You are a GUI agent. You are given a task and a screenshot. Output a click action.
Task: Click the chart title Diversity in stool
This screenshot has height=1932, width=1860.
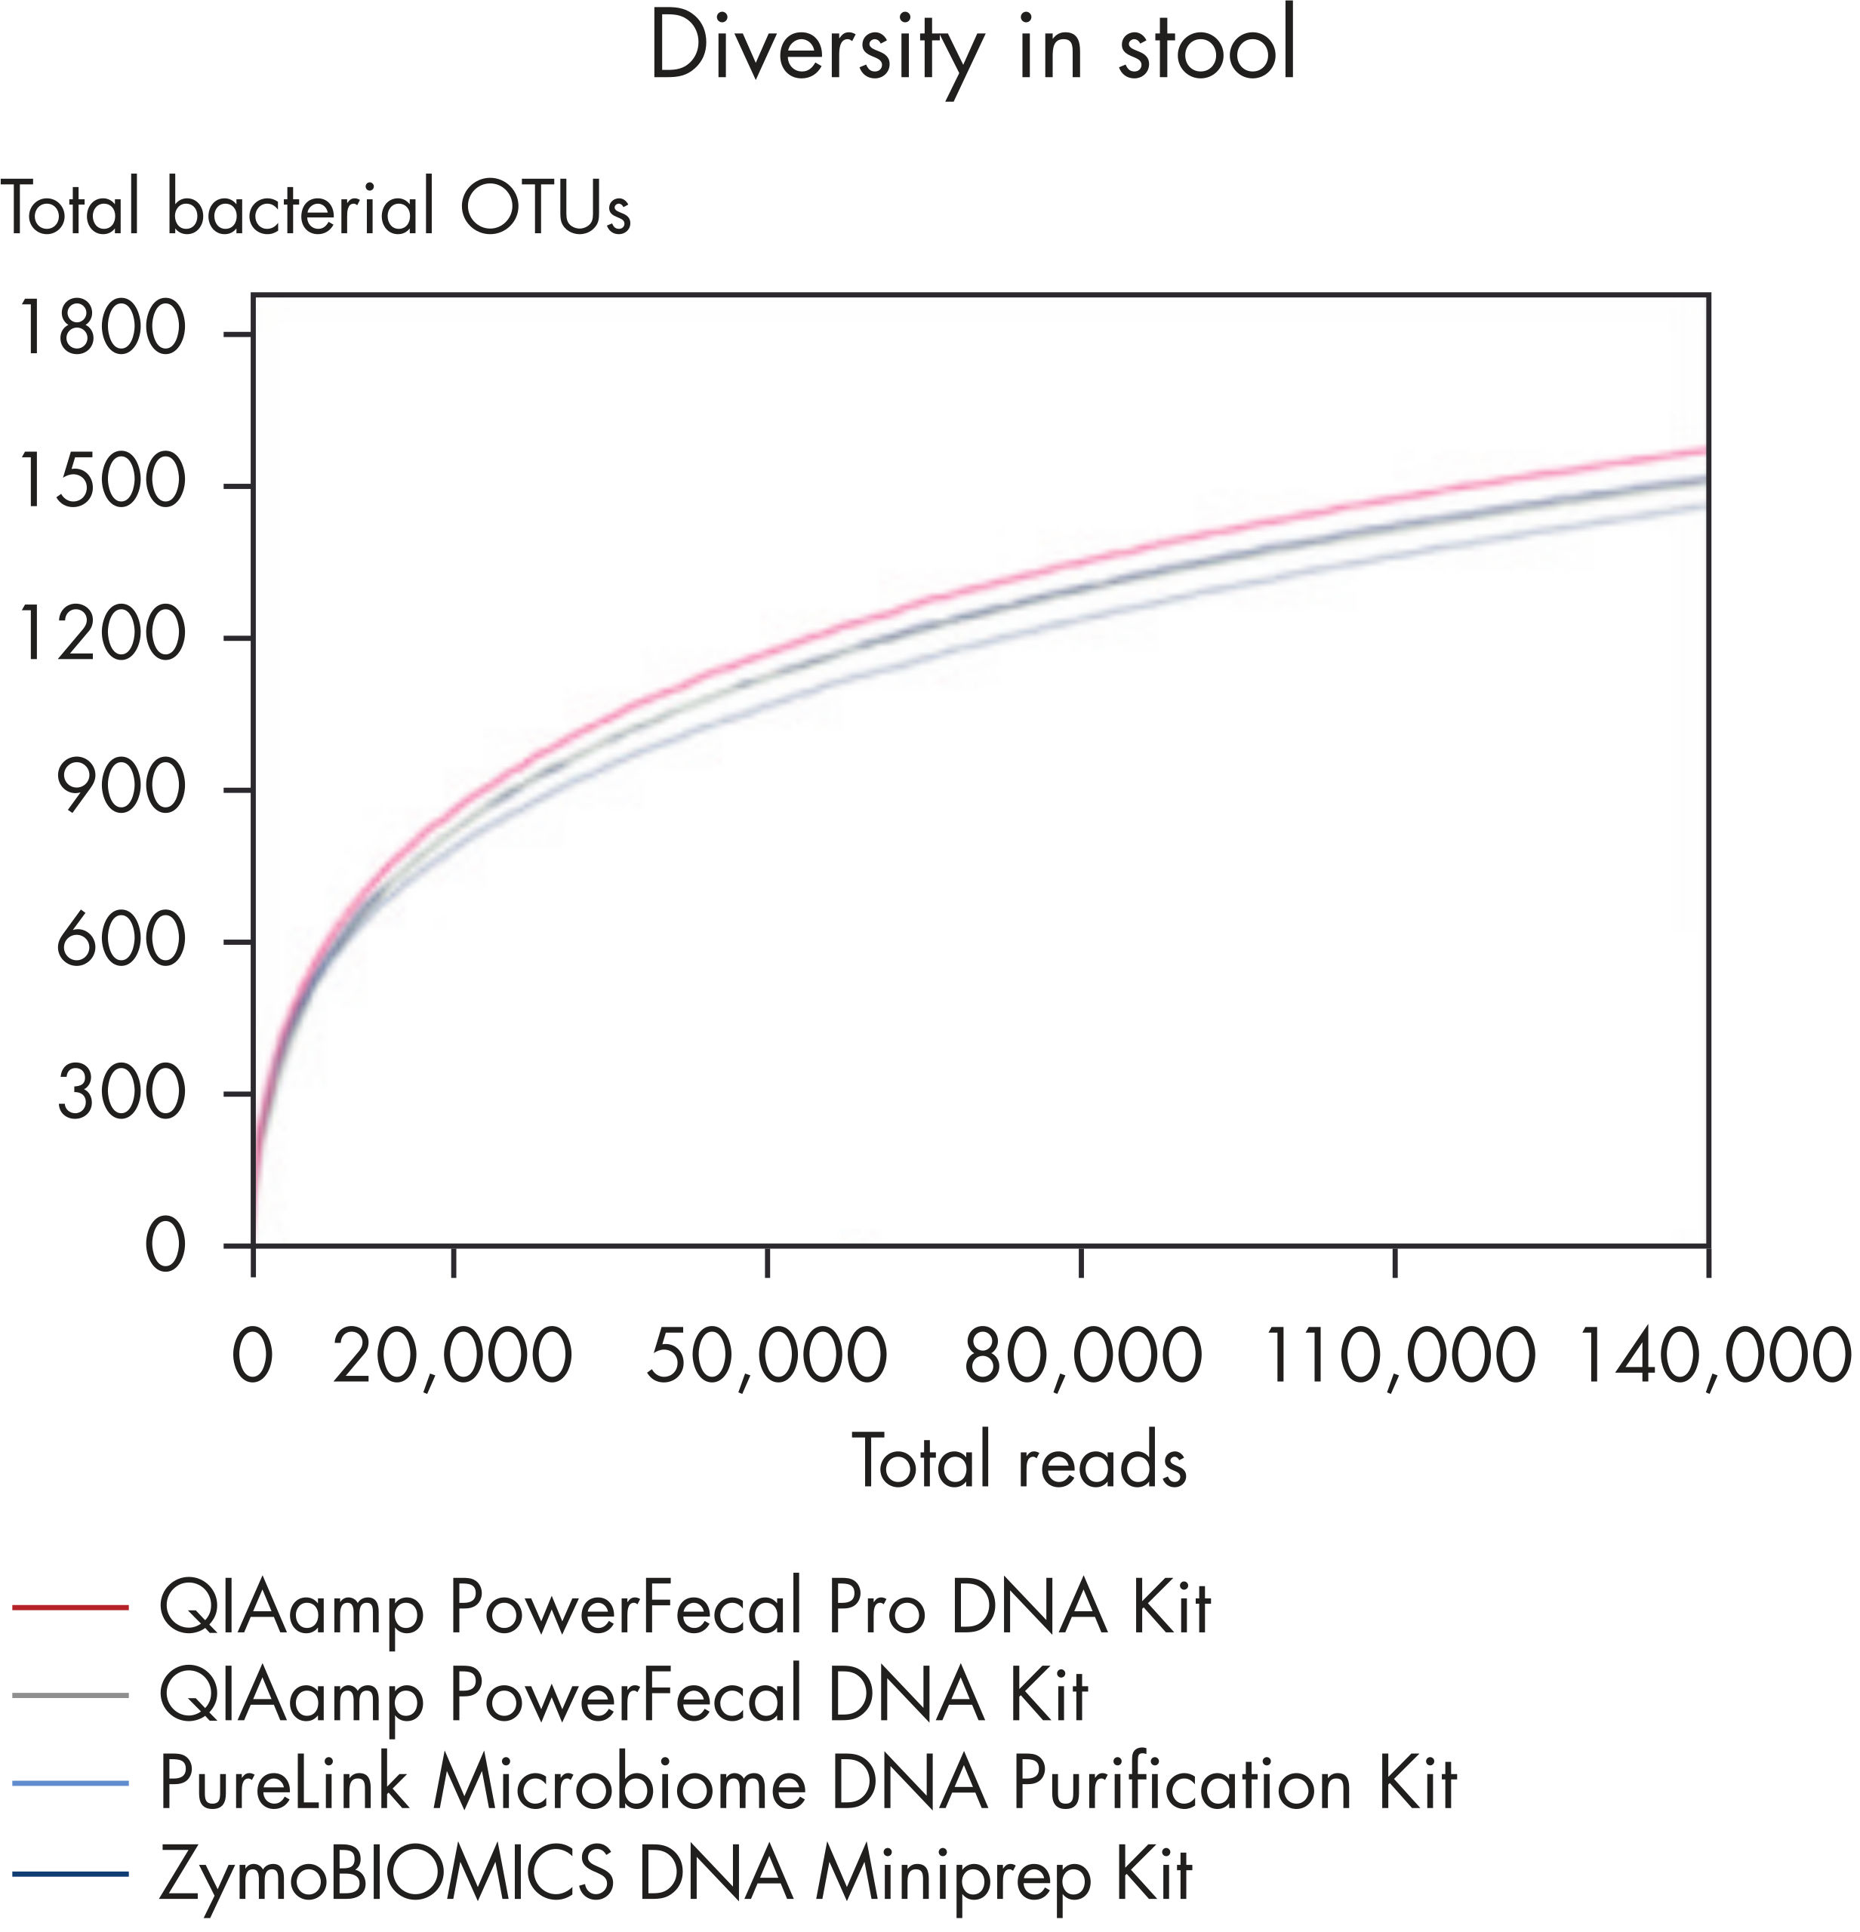pyautogui.click(x=972, y=48)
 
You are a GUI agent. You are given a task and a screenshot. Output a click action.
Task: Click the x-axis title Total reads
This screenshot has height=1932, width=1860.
pyautogui.click(x=1019, y=1462)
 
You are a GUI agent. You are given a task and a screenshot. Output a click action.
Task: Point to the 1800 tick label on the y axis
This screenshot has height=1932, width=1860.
pyautogui.click(x=101, y=328)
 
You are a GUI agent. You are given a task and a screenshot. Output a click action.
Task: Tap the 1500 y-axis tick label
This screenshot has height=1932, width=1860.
pyautogui.click(x=101, y=482)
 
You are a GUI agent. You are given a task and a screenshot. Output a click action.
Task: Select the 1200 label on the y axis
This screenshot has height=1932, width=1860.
pyautogui.click(x=101, y=635)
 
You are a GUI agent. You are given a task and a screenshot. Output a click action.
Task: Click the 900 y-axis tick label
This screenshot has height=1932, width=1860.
pyautogui.click(x=120, y=788)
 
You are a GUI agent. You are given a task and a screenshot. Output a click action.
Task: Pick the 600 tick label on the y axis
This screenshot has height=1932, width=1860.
pyautogui.click(x=120, y=940)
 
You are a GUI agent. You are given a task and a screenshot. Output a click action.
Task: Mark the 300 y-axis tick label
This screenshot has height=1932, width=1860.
pyautogui.click(x=120, y=1093)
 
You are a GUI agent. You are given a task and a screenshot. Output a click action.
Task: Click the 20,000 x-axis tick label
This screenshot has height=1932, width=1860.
pyautogui.click(x=452, y=1356)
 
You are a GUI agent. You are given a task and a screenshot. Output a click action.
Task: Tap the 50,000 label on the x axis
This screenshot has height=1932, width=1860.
pyautogui.click(x=767, y=1356)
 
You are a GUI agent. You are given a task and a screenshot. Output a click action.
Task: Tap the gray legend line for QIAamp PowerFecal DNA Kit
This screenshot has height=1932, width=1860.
pyautogui.click(x=71, y=1696)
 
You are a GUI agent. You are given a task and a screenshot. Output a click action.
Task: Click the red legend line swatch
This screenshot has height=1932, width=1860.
pyautogui.click(x=71, y=1607)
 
